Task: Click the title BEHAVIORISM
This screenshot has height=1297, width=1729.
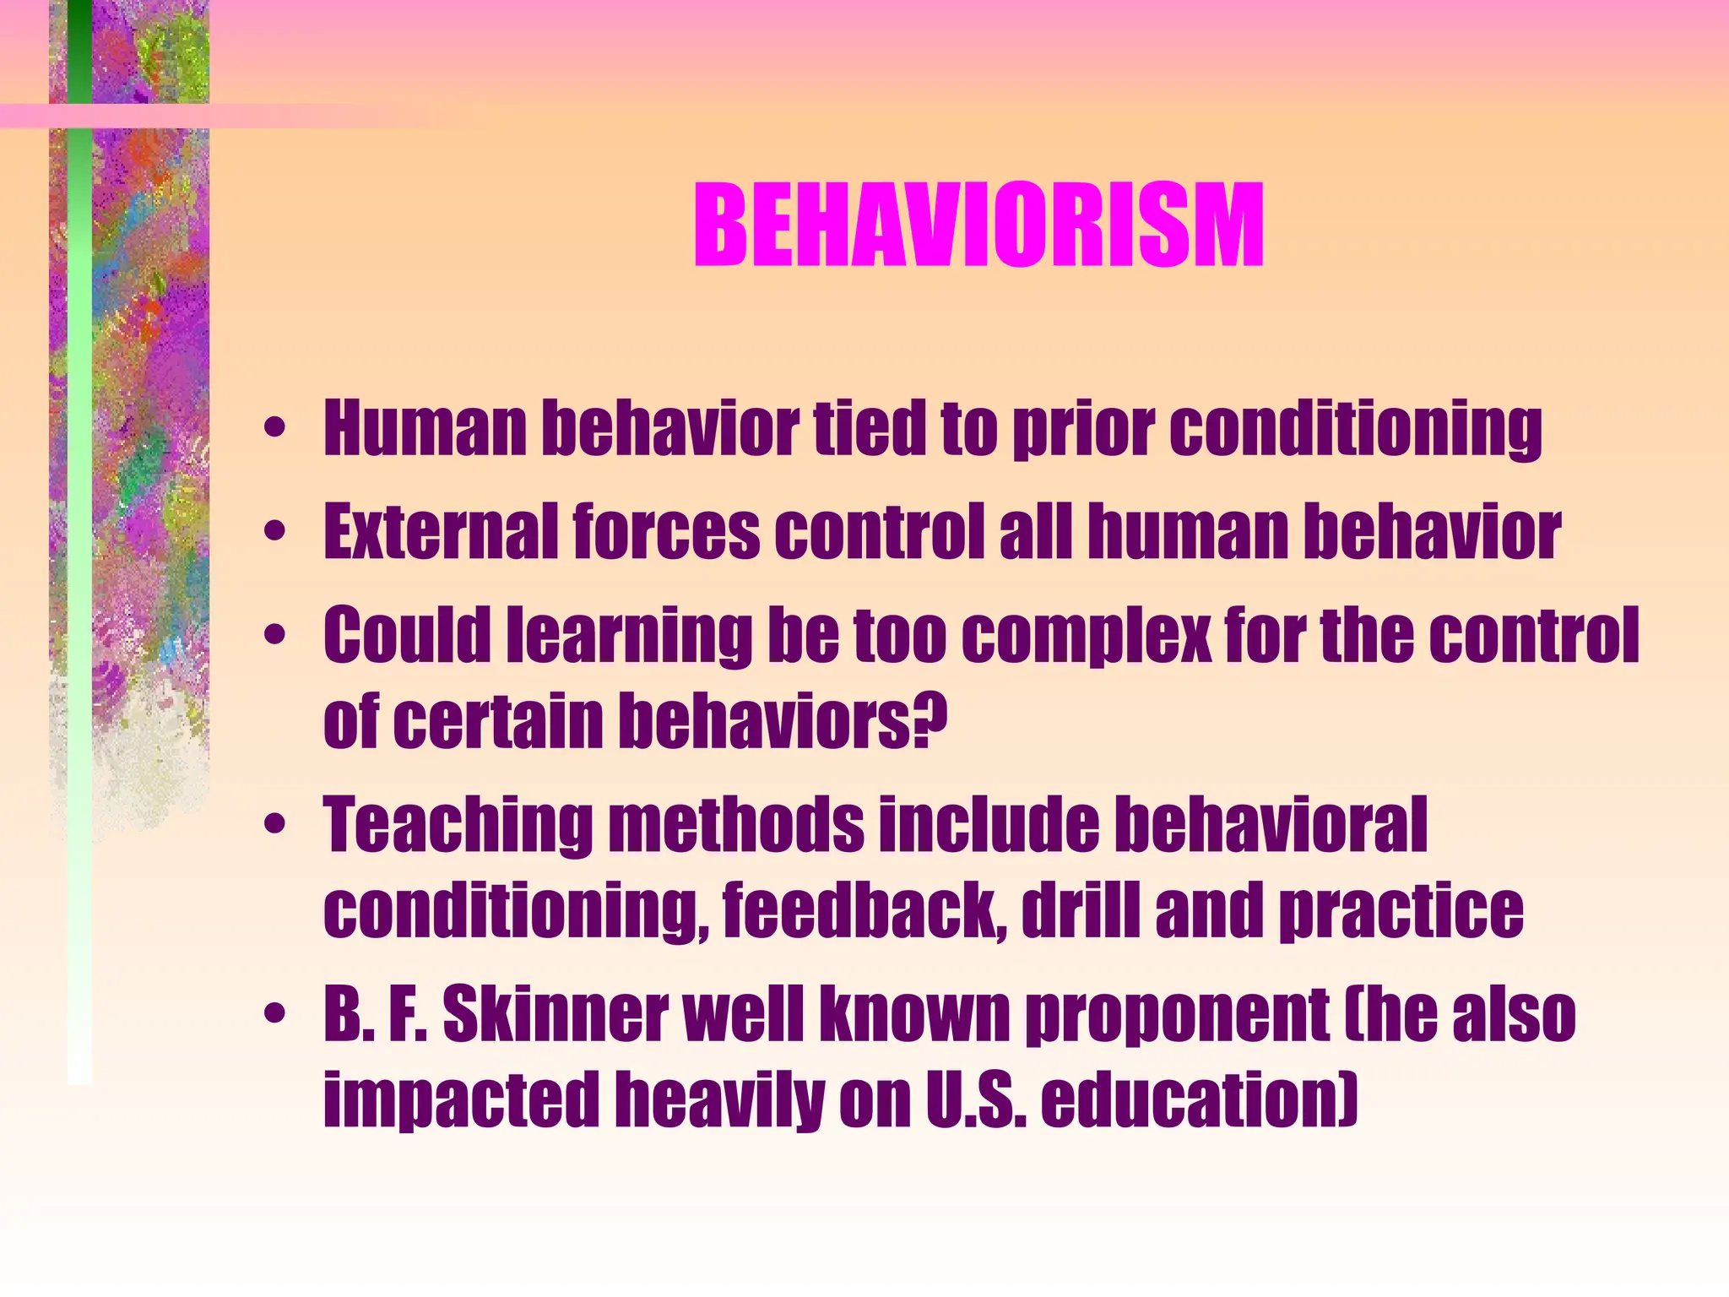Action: point(978,226)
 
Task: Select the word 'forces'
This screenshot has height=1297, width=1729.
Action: point(667,532)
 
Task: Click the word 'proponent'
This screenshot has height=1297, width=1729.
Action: point(1177,1017)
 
